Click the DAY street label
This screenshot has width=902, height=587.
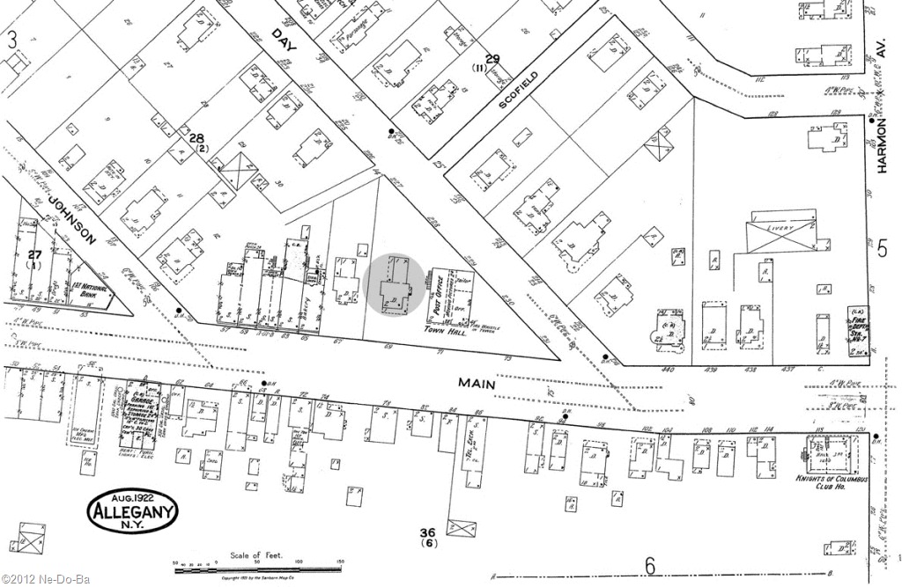click(282, 39)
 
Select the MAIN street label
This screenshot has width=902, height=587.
click(477, 384)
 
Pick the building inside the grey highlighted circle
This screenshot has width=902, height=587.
click(394, 284)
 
